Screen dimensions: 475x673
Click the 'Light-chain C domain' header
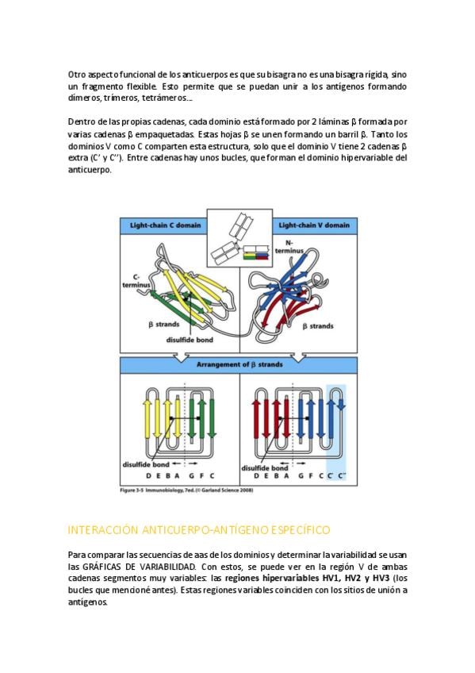(166, 225)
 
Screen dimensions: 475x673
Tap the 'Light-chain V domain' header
(314, 225)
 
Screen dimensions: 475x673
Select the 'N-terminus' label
(289, 247)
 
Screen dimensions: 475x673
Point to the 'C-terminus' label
(136, 281)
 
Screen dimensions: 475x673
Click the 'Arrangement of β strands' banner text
(239, 365)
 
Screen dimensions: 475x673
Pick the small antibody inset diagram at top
(239, 238)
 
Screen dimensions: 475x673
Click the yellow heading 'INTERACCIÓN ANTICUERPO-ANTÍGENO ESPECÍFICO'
(199, 530)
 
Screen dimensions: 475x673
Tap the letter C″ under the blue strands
(342, 476)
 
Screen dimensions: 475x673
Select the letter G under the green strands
(191, 476)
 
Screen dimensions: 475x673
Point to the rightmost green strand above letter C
(212, 419)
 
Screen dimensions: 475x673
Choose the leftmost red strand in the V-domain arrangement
(256, 419)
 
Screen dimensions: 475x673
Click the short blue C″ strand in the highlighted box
(341, 405)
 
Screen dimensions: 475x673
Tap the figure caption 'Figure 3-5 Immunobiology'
(186, 490)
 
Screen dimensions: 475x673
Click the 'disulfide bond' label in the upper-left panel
(190, 340)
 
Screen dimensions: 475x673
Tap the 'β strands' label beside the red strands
(318, 326)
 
